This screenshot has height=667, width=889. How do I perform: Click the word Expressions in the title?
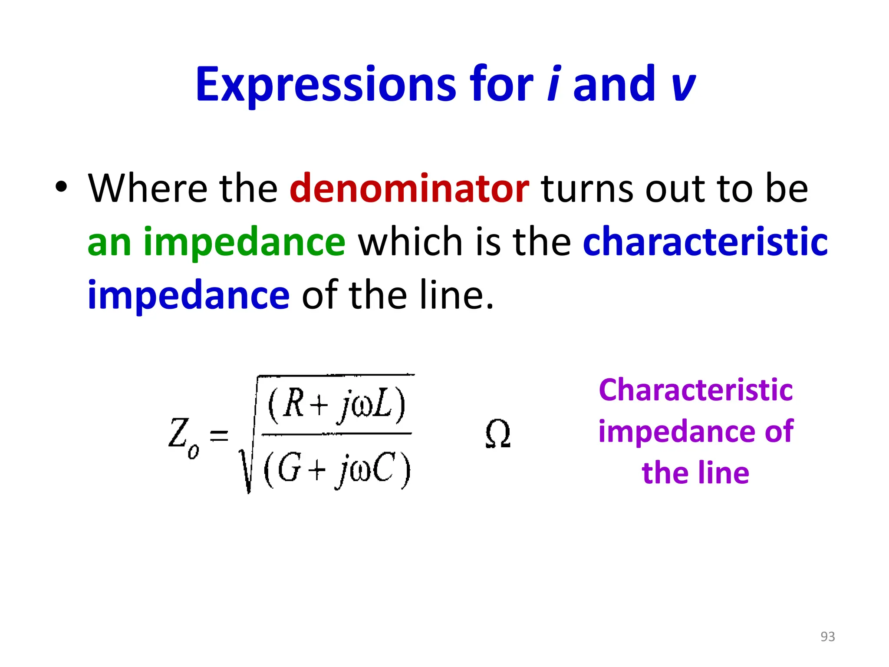(326, 85)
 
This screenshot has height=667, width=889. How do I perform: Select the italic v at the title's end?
(683, 87)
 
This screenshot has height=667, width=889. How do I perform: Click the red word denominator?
(409, 188)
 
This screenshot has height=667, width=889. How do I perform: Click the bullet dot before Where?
(61, 187)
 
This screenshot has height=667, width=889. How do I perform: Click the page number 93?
(827, 636)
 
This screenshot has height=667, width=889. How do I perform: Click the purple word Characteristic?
(695, 390)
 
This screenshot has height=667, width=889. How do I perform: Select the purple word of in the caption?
(779, 432)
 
